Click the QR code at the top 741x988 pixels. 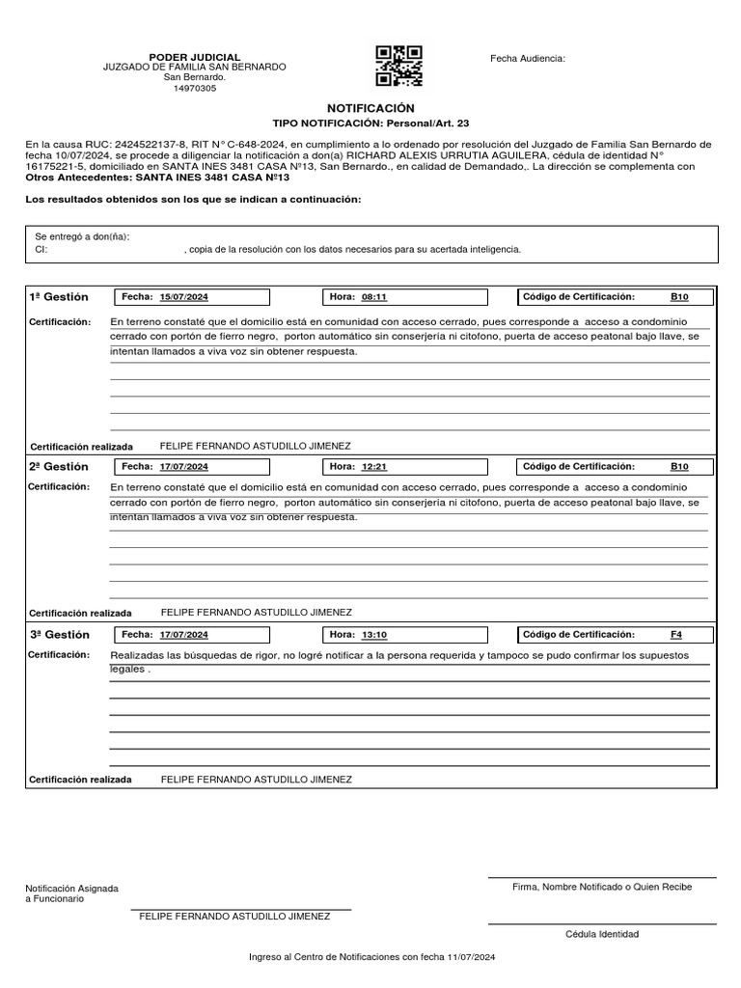(x=398, y=66)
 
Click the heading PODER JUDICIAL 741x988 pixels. (x=194, y=58)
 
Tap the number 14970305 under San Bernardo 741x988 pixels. (x=194, y=88)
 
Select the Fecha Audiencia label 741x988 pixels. (x=528, y=59)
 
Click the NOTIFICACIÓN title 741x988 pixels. (x=370, y=109)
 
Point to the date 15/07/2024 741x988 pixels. (x=183, y=297)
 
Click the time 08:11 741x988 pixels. (x=373, y=297)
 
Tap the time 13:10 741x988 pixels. (x=373, y=635)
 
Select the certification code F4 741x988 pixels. (x=675, y=635)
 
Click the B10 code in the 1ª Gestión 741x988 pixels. (x=679, y=297)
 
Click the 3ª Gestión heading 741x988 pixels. (x=59, y=635)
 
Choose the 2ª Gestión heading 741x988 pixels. (x=59, y=466)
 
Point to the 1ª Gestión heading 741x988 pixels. (x=59, y=297)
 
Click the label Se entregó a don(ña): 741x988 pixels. (x=82, y=236)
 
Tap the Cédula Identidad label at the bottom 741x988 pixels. (x=602, y=934)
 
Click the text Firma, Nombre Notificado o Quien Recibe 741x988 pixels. (x=602, y=886)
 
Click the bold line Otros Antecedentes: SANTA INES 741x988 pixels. (x=157, y=178)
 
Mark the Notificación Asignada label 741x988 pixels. (x=72, y=888)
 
